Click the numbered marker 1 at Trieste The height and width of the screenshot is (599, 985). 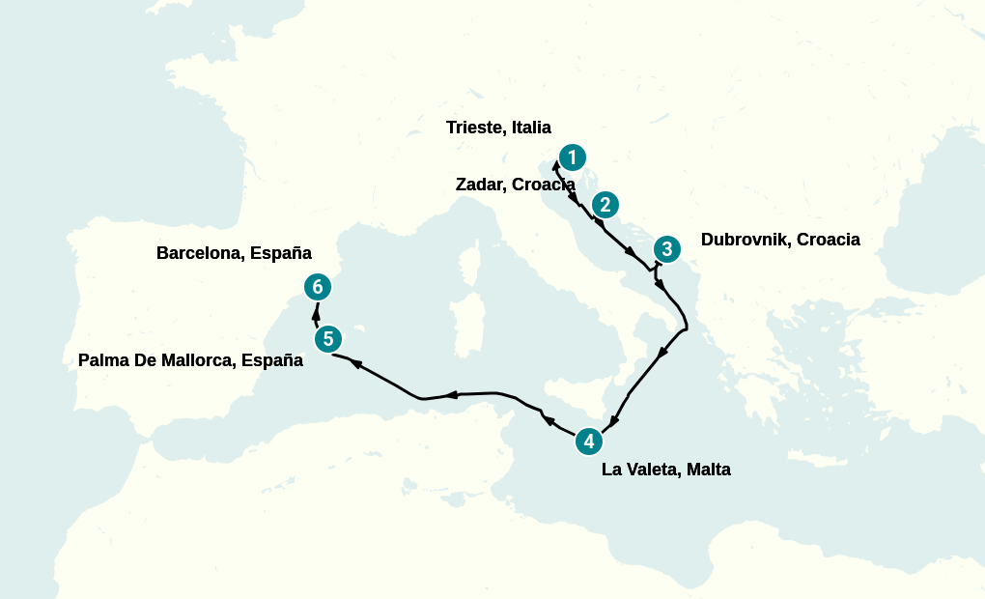click(x=573, y=157)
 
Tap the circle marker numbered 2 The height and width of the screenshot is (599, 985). click(x=605, y=204)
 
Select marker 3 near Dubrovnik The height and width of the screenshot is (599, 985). click(x=666, y=248)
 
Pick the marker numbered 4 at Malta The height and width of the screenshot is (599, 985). click(x=589, y=442)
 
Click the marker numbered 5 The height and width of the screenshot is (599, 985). click(x=328, y=339)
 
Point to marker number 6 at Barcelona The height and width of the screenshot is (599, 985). click(x=318, y=287)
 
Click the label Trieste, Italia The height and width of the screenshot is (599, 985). click(x=498, y=128)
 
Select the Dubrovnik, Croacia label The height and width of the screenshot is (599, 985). click(x=780, y=240)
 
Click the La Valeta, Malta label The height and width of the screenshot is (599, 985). click(x=665, y=471)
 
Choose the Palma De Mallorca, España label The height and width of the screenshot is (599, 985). click(x=190, y=360)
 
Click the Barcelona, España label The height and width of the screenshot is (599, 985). click(x=234, y=253)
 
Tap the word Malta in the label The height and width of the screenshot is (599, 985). click(x=709, y=471)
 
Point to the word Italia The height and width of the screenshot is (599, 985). click(x=529, y=128)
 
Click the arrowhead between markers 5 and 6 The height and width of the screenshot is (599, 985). click(x=316, y=312)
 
